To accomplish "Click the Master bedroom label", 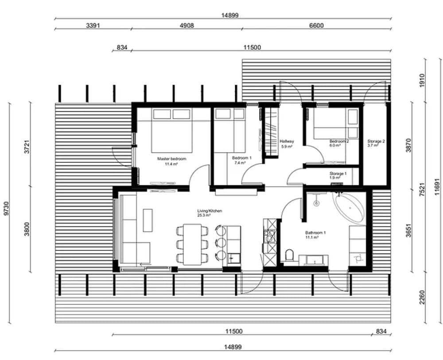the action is click(171, 159).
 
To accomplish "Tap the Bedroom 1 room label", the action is click(241, 158).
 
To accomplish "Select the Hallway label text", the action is click(287, 141).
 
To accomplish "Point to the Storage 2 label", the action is click(376, 141).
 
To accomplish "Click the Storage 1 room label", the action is click(338, 173).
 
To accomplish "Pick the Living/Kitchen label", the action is click(210, 211).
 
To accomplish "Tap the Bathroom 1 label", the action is click(315, 233).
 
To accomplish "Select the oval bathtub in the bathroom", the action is click(349, 208).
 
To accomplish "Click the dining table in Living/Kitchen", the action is click(192, 244).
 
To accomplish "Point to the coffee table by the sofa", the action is click(148, 220).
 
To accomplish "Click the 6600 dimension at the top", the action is click(316, 26).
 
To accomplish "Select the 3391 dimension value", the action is click(93, 26).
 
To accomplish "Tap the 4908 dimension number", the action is click(187, 26).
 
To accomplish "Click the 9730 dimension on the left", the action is click(6, 208).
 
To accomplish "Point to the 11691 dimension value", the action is click(437, 187).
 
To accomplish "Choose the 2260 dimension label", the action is click(422, 297).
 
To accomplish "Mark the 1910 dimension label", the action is click(422, 81).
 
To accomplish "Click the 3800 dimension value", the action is click(27, 229).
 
